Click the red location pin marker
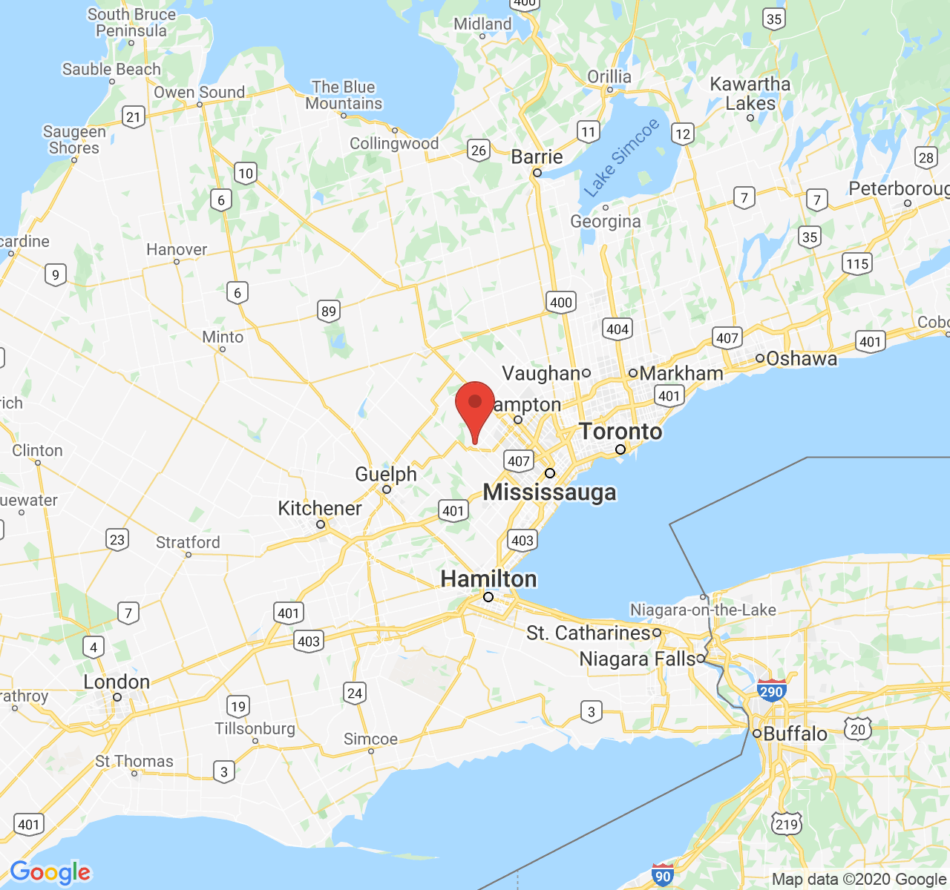coord(475,405)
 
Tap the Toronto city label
coord(620,431)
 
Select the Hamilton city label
coord(488,578)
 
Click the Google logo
coord(50,872)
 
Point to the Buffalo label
coord(795,734)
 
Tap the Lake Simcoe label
coord(621,158)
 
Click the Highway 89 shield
coord(329,311)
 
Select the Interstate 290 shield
coord(772,691)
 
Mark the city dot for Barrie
coord(537,173)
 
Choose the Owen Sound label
coord(199,92)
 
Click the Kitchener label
coord(320,508)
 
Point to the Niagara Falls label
coord(638,659)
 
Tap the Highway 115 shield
coord(857,263)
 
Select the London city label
coord(117,682)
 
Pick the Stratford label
coord(188,542)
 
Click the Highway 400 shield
coord(561,302)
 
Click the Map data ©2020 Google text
coord(859,880)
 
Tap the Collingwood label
coord(394,143)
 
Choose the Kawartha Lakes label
coord(750,93)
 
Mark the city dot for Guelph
coord(387,489)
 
